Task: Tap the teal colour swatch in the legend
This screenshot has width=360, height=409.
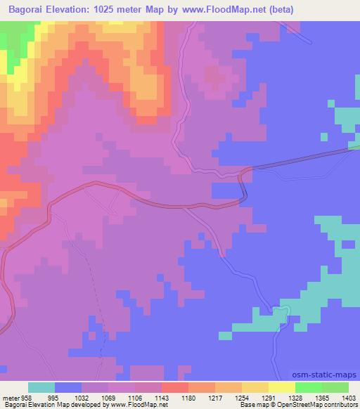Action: coord(42,387)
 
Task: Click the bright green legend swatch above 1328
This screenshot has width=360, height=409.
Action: coord(308,387)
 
